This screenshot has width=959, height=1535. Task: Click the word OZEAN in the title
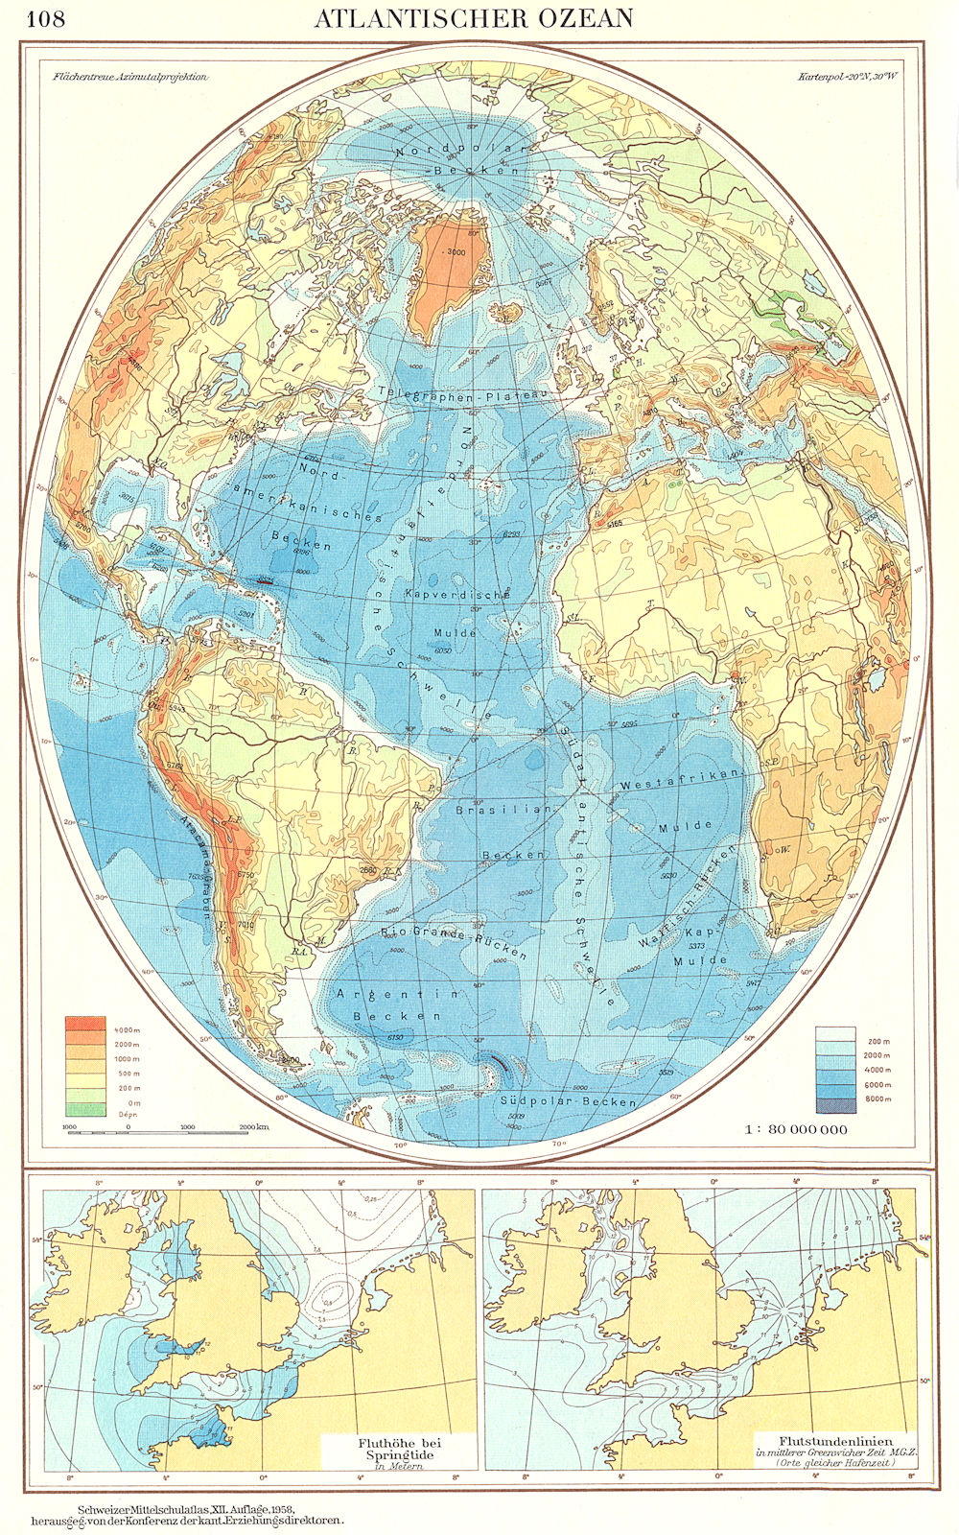point(582,18)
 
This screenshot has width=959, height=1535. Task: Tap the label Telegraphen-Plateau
point(462,392)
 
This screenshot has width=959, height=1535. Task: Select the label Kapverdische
point(459,595)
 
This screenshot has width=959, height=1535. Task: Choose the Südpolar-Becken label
point(569,1101)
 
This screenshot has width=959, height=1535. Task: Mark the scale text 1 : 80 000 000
point(797,1129)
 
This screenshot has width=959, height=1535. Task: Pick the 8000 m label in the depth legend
point(877,1098)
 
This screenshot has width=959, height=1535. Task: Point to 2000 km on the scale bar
point(255,1127)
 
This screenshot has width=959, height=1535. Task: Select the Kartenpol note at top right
point(844,78)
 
